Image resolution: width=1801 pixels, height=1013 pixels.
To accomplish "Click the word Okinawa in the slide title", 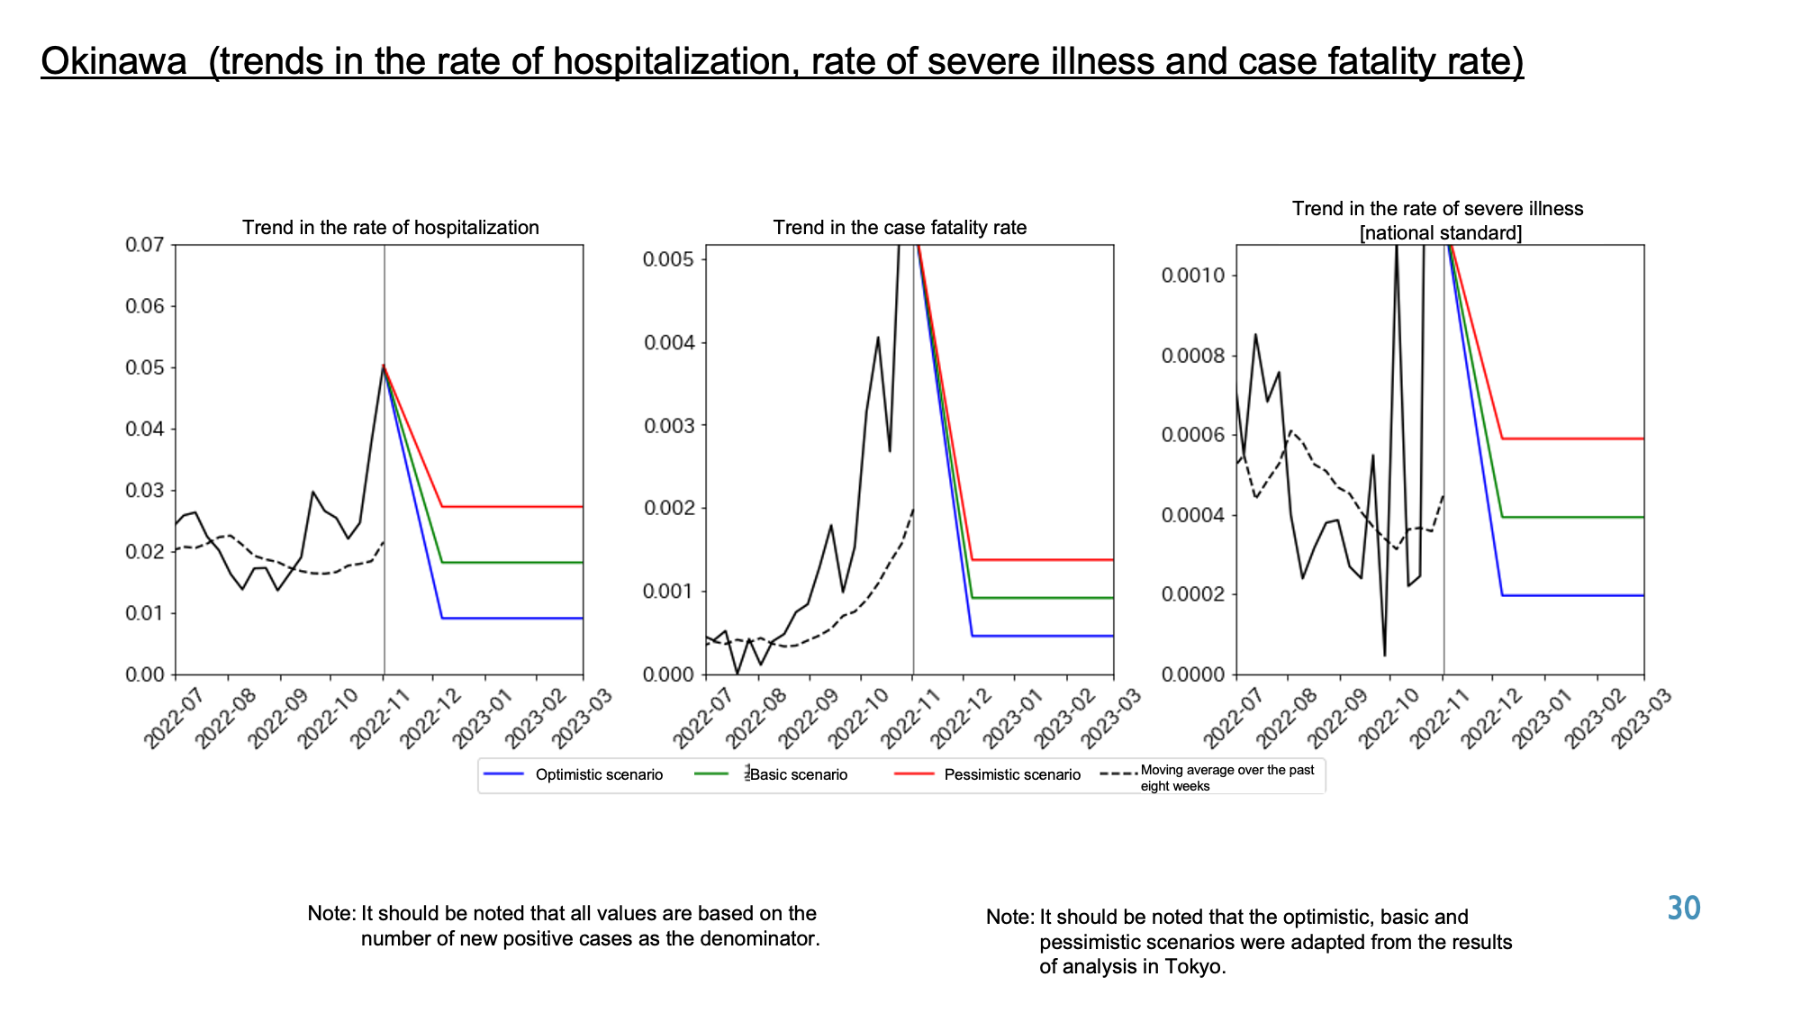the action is pos(114,61).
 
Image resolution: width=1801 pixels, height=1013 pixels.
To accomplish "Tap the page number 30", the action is pos(1683,908).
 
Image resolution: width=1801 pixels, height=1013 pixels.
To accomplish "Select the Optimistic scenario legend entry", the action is pos(573,774).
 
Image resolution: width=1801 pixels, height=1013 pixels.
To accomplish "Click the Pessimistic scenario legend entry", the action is pos(988,774).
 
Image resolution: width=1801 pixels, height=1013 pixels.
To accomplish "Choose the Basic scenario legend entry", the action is pos(772,774).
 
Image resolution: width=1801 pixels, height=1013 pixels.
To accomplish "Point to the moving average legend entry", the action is pos(1208,777).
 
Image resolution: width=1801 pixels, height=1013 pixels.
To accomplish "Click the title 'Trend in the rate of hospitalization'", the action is pos(391,227).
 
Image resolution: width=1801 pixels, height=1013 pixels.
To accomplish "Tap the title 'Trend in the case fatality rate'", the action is pos(900,227).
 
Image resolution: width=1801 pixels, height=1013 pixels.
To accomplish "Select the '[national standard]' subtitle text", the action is pos(1441,233).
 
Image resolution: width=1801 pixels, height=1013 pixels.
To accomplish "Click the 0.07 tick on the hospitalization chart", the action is pos(145,245).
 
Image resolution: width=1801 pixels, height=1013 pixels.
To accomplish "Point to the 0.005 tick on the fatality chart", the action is pos(669,259).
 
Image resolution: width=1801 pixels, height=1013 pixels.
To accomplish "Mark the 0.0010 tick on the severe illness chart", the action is pos(1194,275).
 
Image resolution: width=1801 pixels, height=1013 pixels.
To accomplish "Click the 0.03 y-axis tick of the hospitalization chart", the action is pos(145,491).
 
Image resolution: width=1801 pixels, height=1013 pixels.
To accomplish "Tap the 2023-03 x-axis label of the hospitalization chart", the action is pos(583,717).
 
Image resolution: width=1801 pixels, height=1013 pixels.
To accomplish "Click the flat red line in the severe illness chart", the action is pos(1573,439).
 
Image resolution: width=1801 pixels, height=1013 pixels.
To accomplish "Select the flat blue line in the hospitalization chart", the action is pos(512,618).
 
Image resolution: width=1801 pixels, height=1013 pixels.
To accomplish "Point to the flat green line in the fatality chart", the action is pos(1043,598).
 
